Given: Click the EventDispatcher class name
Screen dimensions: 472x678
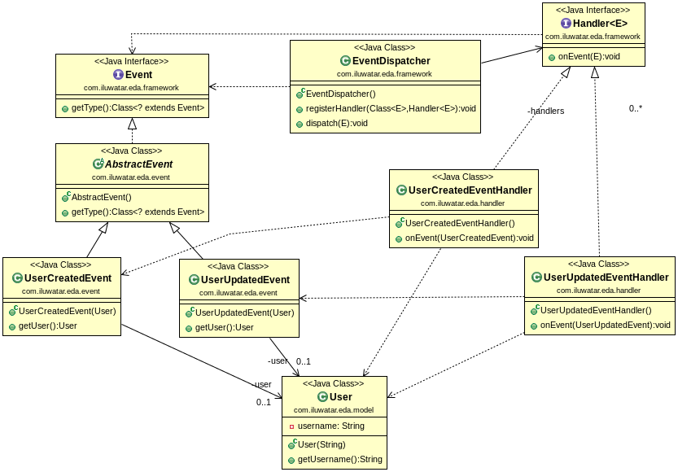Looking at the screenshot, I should (x=391, y=61).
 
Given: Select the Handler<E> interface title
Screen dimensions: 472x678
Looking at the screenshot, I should (x=599, y=24).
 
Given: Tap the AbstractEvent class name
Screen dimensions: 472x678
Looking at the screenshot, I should (x=138, y=164).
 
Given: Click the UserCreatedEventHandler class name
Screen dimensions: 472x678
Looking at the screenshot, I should (x=470, y=190).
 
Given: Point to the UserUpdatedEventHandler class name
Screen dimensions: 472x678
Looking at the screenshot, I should (x=606, y=278).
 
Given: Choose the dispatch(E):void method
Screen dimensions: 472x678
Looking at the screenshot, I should (x=336, y=123).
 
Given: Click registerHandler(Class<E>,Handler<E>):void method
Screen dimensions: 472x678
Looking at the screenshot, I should (x=391, y=108).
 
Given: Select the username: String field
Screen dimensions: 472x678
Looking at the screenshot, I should (x=331, y=426).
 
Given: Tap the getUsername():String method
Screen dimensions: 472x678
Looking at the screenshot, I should (x=339, y=459).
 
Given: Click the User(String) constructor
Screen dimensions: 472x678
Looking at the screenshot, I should (x=322, y=444).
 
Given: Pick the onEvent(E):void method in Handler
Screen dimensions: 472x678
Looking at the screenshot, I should (x=588, y=57).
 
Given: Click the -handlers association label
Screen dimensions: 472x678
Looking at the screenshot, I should (x=545, y=111).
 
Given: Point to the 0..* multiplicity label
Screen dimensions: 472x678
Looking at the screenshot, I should (x=636, y=108).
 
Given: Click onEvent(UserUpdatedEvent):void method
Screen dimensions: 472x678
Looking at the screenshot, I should (x=606, y=325).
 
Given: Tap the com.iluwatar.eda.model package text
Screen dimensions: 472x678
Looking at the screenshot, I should (x=335, y=410).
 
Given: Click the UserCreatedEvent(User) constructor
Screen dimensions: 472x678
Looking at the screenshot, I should (x=67, y=311).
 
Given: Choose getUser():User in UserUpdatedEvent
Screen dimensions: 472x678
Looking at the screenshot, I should (x=225, y=327).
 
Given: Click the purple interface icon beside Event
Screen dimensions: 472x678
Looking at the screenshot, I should (x=118, y=75).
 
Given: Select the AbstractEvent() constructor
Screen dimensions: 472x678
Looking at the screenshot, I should (x=101, y=197).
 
